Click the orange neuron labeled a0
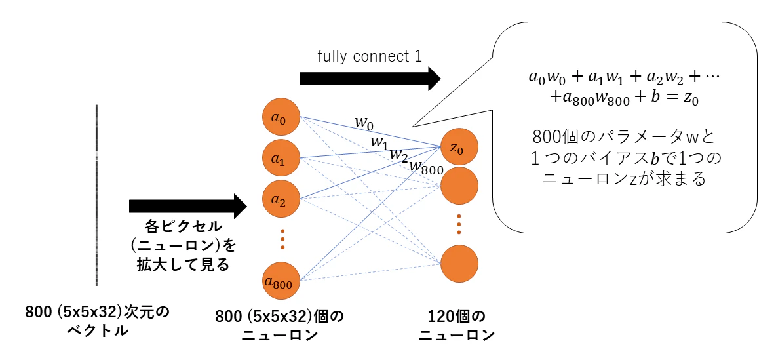281,118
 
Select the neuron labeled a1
281,159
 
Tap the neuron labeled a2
281,199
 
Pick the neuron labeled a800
281,281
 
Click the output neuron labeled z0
459,147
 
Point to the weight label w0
364,123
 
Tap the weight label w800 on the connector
425,167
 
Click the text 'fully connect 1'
369,56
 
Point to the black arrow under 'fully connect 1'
370,78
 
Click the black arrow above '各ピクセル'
187,205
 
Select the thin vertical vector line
96,195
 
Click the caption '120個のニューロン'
457,325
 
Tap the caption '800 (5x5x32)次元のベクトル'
96,321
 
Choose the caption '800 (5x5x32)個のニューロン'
280,325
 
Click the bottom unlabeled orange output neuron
459,264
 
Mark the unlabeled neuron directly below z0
459,186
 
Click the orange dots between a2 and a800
282,239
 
